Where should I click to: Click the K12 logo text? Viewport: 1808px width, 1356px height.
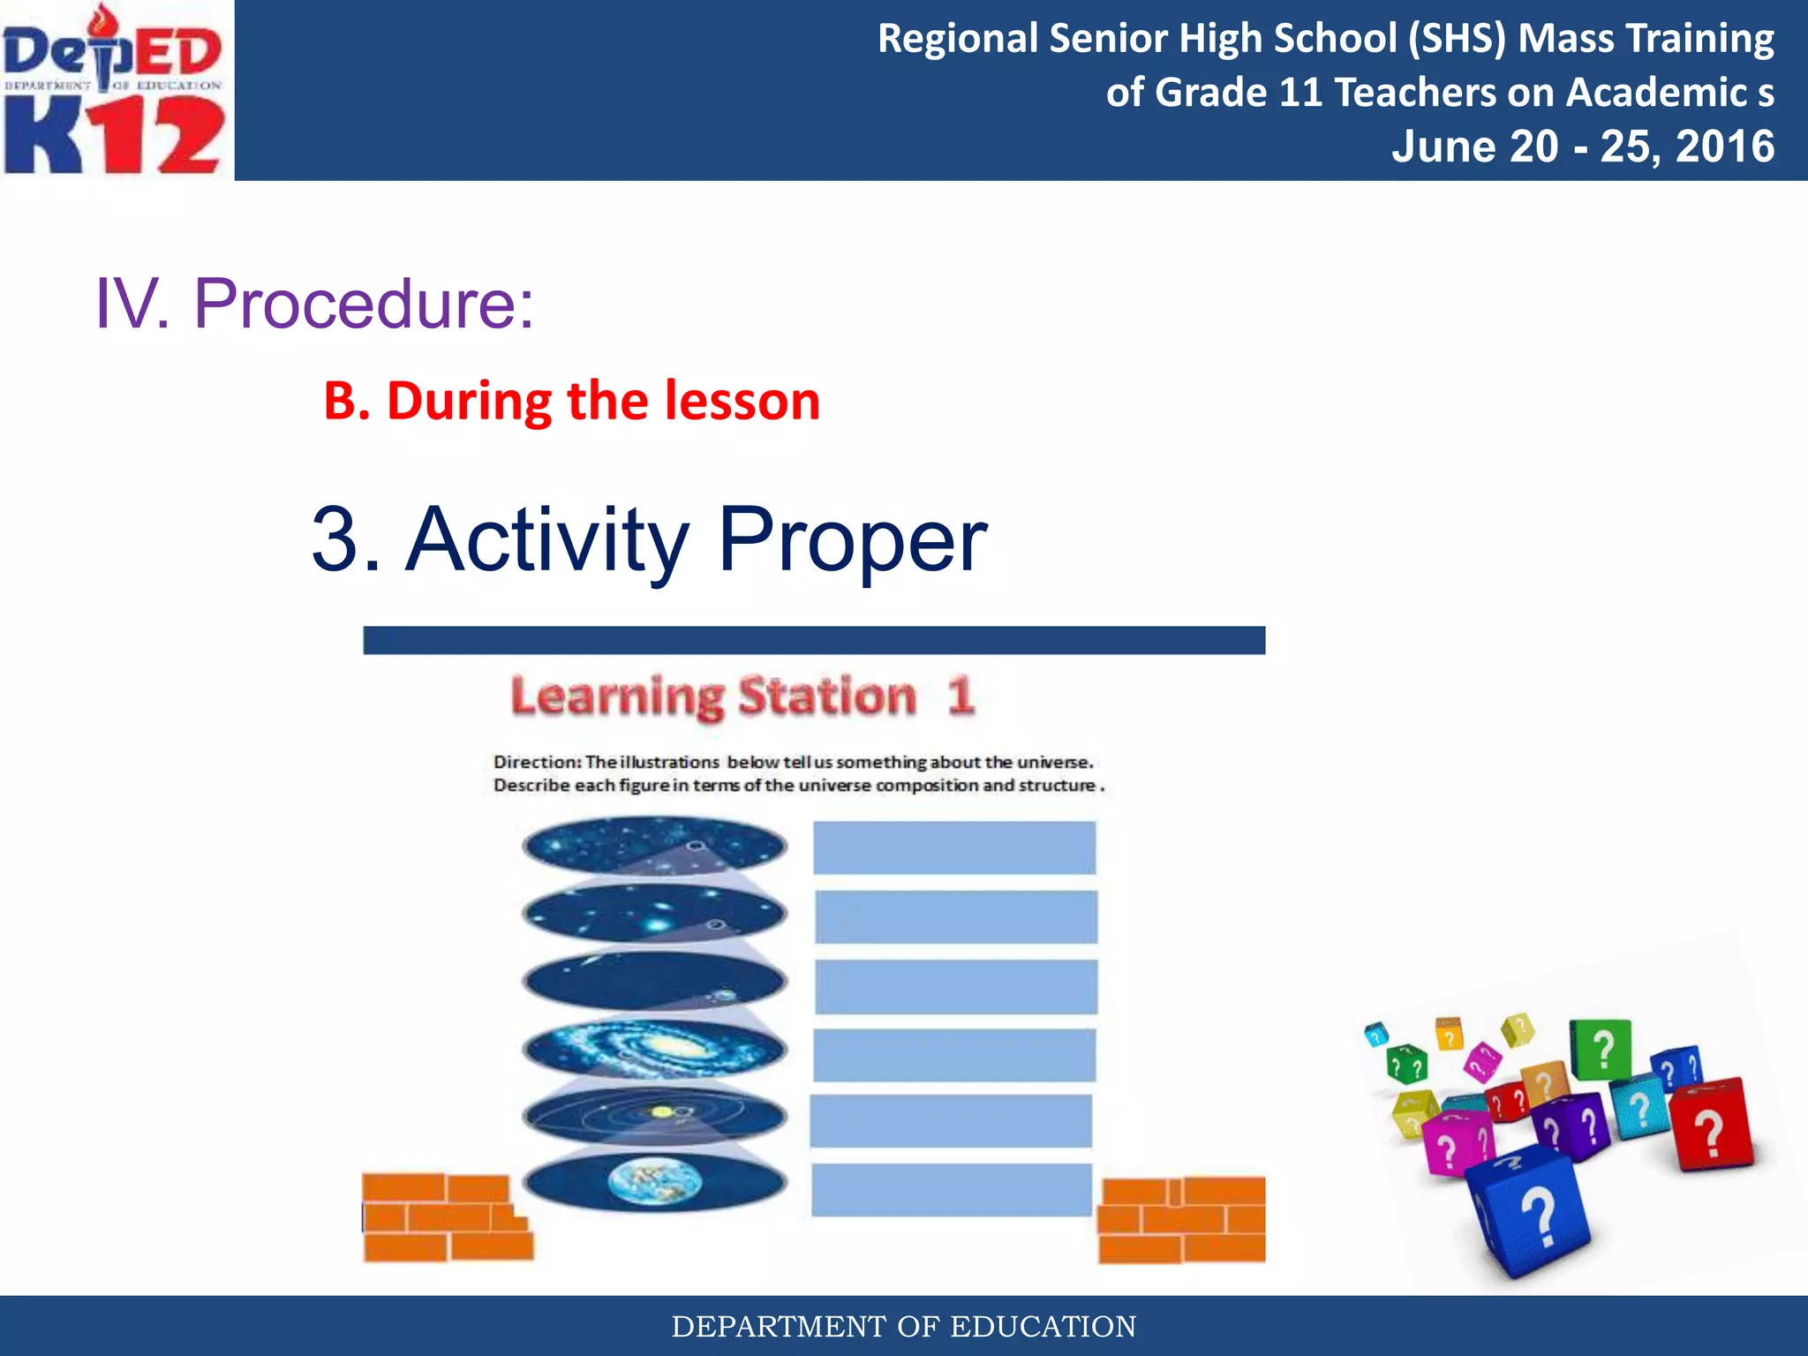[115, 134]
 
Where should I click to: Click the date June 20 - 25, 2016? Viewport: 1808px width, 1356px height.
[1582, 147]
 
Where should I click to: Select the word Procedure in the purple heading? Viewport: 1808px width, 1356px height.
[364, 304]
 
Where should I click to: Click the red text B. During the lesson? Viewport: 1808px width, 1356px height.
[572, 401]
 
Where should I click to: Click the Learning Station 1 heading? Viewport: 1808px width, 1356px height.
[742, 696]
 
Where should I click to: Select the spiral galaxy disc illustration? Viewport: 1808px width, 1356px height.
[655, 1049]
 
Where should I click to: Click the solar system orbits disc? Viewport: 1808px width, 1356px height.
[655, 1116]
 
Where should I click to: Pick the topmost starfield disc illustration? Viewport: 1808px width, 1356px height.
[655, 846]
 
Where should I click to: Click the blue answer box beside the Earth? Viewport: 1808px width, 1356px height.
[952, 1190]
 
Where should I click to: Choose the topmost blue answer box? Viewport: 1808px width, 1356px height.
[953, 847]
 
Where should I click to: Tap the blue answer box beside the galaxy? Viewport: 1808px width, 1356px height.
[953, 1054]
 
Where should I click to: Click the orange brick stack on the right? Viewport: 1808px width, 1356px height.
[1181, 1220]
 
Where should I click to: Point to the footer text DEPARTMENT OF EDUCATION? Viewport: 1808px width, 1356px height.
[904, 1326]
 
